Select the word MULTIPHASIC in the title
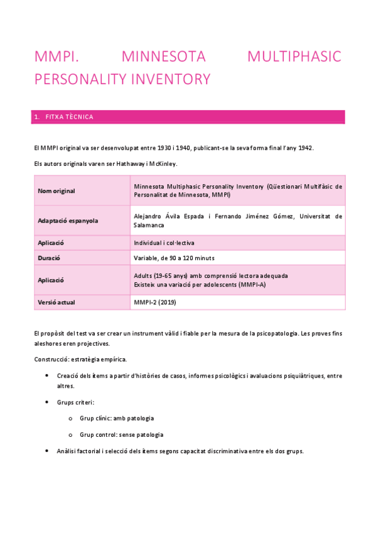tap(294, 57)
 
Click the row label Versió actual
tap(56, 302)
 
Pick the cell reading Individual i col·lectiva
tap(168, 243)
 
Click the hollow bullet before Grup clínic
tap(70, 417)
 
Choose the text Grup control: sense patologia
tap(121, 434)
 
